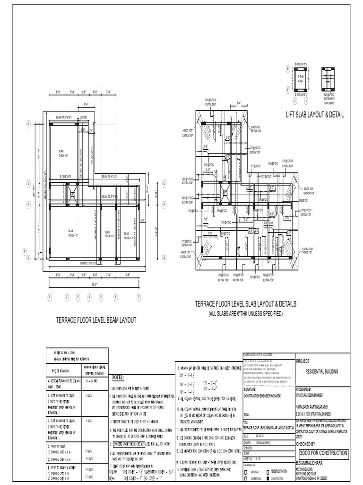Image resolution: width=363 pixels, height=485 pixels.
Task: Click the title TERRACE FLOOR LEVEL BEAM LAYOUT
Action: click(96, 320)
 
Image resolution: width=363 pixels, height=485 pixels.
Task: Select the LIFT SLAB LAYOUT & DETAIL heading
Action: click(315, 115)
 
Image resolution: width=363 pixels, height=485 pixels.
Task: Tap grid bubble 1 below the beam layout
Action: click(49, 297)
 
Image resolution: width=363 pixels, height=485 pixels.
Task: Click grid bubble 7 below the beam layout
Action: click(138, 297)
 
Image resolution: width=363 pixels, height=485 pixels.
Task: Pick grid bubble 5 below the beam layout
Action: click(101, 297)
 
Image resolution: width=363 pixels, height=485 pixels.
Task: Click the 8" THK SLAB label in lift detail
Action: click(300, 80)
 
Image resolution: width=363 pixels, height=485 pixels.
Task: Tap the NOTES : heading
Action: click(118, 377)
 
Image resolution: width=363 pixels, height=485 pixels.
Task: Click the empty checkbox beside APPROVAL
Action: click(245, 472)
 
